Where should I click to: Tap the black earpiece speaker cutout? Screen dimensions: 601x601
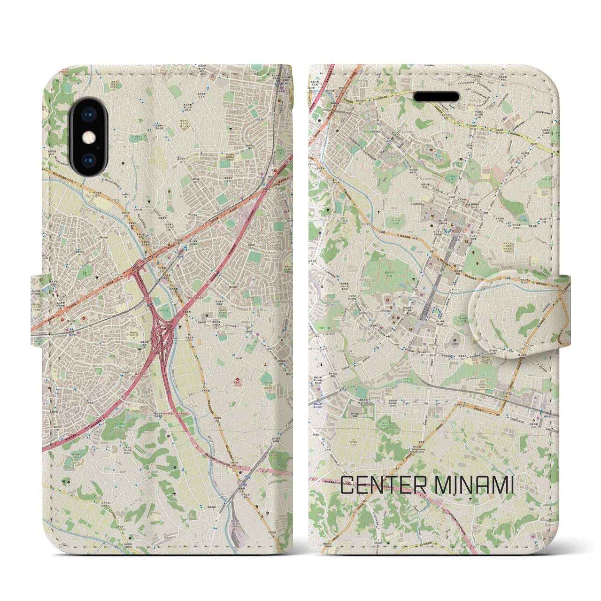coord(436,96)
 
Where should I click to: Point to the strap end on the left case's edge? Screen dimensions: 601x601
coord(38,307)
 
